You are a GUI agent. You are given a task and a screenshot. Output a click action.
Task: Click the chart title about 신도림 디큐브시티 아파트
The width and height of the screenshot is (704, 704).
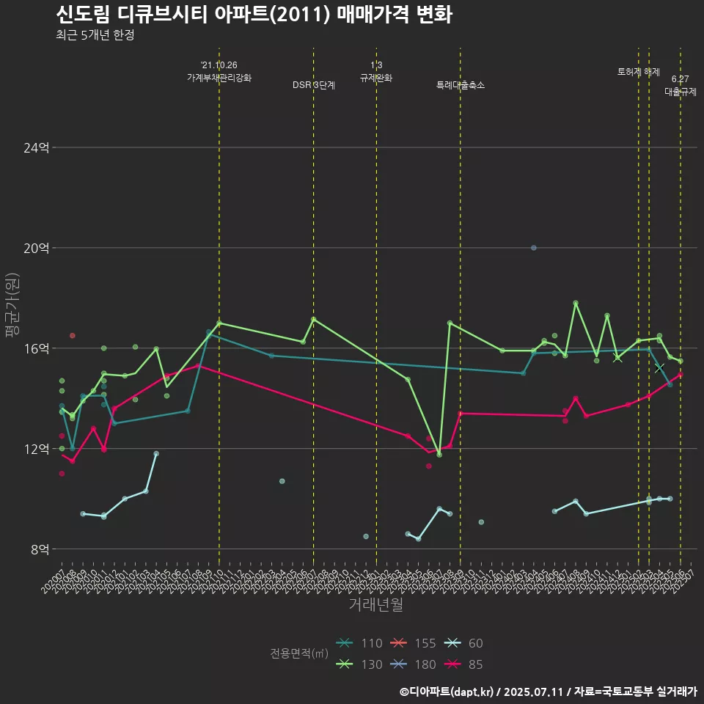[x=254, y=14]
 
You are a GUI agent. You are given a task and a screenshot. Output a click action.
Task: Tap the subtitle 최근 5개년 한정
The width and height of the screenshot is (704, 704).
[x=95, y=35]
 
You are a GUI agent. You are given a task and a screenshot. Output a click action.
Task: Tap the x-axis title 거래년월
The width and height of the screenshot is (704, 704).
[x=375, y=605]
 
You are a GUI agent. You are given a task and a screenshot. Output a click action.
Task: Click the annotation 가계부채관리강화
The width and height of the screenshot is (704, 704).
[x=219, y=78]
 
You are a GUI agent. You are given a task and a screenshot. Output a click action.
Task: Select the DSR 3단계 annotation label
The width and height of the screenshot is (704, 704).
[x=314, y=85]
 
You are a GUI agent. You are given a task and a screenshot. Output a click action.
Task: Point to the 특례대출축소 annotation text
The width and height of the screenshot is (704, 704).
[x=460, y=85]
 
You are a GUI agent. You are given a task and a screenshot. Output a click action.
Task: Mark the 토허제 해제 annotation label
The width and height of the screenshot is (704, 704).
[x=639, y=72]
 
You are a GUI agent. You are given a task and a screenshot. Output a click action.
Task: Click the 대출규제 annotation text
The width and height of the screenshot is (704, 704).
[x=680, y=92]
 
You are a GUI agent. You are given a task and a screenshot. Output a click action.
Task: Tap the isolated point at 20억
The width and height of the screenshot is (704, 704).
[x=534, y=248]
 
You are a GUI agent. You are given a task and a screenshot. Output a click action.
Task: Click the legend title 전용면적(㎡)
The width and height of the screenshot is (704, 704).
[x=298, y=653]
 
